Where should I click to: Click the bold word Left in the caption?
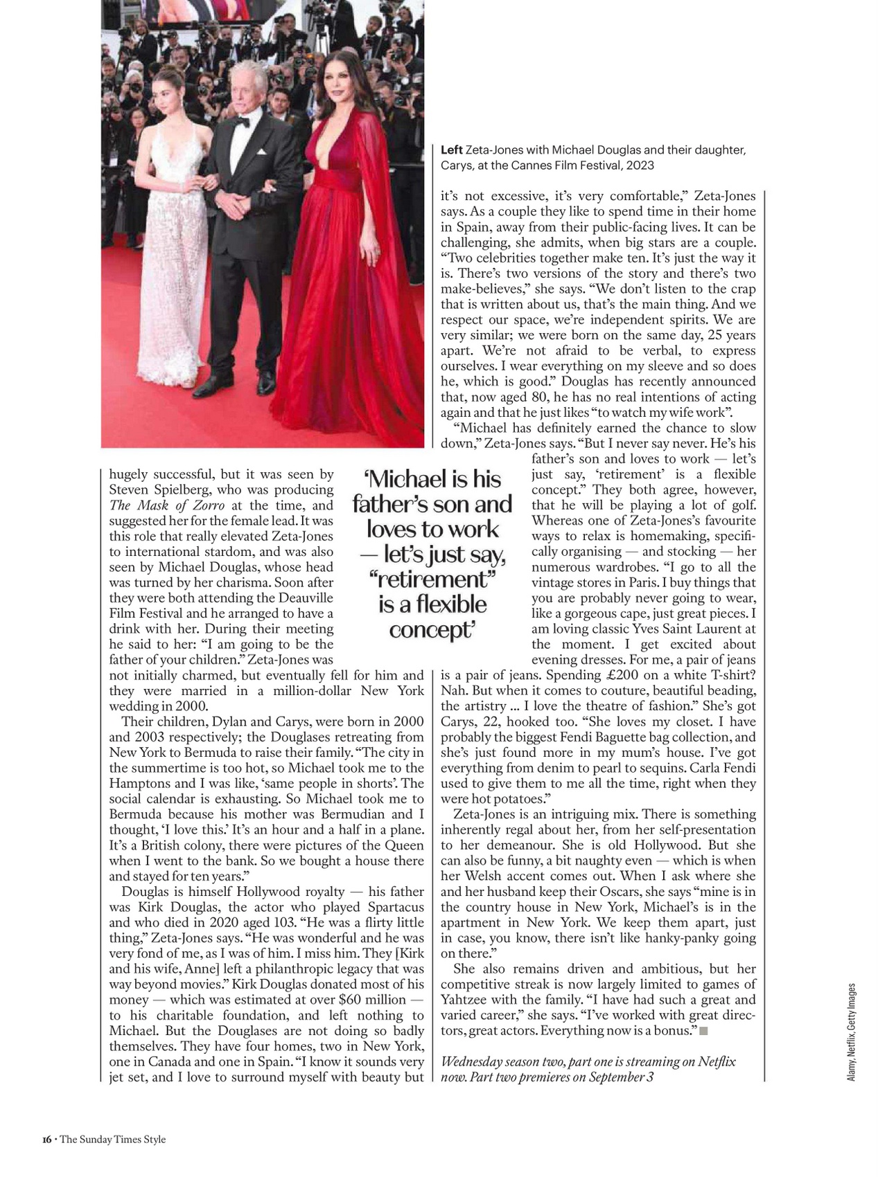tap(451, 150)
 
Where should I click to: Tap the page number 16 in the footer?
tap(46, 1140)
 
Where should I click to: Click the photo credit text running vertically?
tap(852, 1032)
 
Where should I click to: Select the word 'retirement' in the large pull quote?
tap(432, 579)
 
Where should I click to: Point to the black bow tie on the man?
tap(240, 122)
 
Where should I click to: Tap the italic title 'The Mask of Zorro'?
tap(167, 505)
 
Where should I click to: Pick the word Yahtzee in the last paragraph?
tap(466, 999)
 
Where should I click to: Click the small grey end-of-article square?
tap(703, 1031)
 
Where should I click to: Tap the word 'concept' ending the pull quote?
tap(431, 630)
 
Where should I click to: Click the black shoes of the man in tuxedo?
tap(236, 385)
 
